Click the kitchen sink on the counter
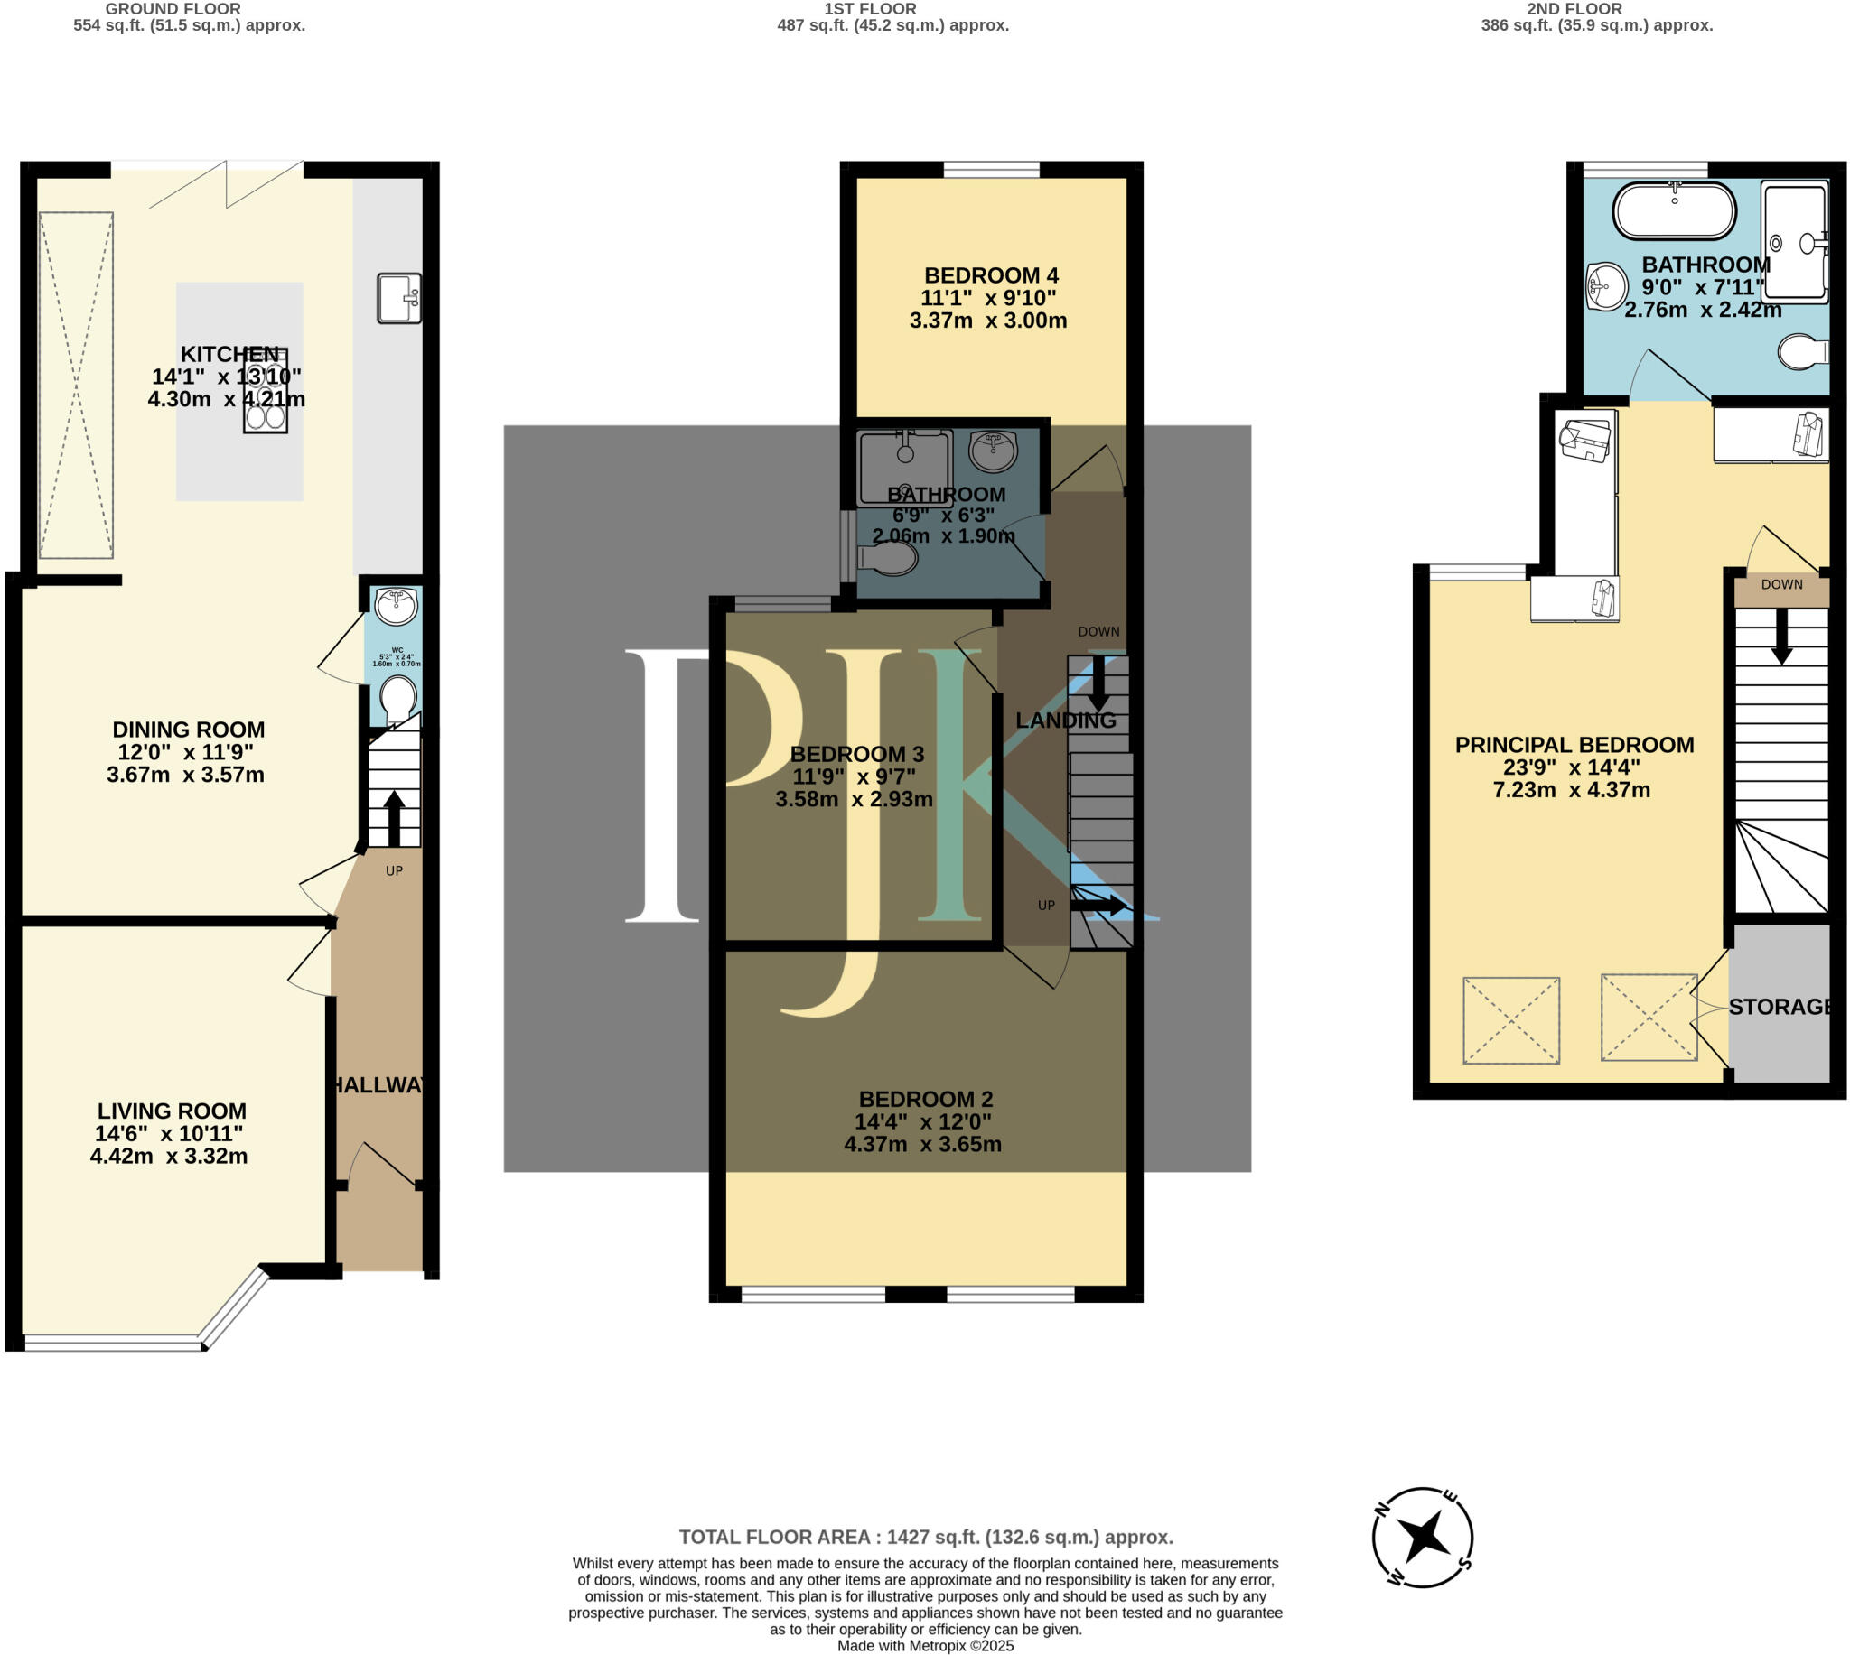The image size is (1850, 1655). point(399,298)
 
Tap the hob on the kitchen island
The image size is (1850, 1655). point(266,390)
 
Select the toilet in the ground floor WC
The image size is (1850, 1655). point(397,698)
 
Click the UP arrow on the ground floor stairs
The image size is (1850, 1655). point(393,817)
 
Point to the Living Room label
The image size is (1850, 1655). point(172,1111)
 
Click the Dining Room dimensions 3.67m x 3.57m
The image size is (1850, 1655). point(185,775)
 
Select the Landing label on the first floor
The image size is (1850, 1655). point(1066,721)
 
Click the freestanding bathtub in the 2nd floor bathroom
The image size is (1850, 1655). point(1674,211)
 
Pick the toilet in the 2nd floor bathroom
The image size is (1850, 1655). point(1803,352)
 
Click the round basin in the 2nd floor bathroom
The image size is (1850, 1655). point(1607,286)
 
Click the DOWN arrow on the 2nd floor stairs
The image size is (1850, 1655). point(1781,636)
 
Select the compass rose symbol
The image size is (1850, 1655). point(1423,1536)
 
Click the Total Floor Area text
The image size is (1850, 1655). point(926,1537)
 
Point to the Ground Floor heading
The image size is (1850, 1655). point(173,9)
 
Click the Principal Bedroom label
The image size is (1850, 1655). point(1574,745)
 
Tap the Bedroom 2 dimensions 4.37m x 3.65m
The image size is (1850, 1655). point(922,1144)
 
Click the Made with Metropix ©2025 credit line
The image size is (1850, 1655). point(925,1645)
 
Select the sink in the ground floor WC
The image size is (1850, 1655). point(396,607)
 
